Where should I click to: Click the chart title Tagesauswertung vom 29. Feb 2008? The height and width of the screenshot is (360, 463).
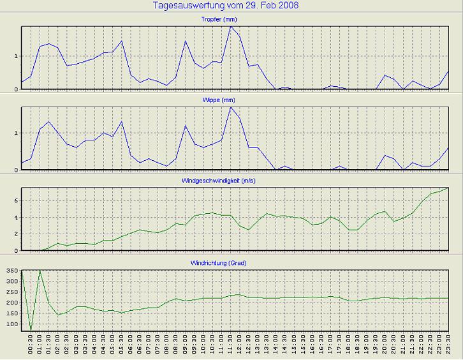pos(226,6)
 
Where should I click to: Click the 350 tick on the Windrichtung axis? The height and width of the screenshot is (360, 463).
pos(11,271)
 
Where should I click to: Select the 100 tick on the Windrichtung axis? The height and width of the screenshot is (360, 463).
pos(11,324)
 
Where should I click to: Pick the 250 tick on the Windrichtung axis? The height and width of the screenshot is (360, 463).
pos(11,292)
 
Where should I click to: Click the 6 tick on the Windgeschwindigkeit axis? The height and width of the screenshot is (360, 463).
pos(17,200)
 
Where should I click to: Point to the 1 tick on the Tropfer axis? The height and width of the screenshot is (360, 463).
pos(17,56)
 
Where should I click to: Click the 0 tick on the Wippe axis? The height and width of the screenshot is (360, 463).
pos(17,170)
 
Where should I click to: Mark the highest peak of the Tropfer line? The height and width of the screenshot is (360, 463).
pos(231,26)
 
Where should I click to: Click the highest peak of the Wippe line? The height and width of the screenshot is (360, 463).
pos(231,107)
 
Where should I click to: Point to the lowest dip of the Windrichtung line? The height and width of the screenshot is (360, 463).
pos(31,330)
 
